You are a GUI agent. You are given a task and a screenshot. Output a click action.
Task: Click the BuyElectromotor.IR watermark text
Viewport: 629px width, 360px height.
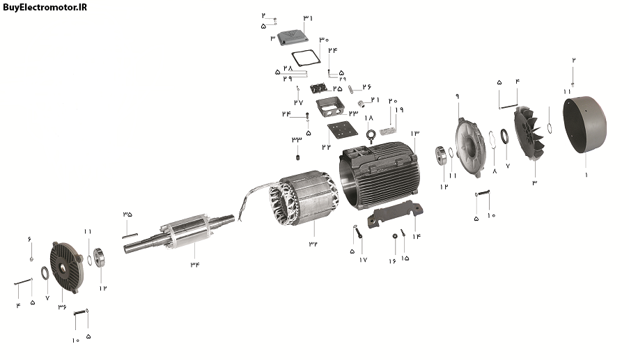(45, 7)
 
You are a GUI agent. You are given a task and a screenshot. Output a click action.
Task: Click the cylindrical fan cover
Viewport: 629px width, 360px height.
(584, 124)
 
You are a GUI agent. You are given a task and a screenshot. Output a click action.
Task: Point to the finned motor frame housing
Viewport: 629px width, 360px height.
(380, 176)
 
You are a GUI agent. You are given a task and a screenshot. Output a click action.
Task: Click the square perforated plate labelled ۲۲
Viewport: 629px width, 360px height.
(341, 131)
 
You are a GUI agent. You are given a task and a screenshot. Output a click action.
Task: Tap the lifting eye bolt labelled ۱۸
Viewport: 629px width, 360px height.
(370, 136)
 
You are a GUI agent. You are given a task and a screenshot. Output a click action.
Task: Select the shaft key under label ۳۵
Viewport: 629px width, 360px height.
(130, 236)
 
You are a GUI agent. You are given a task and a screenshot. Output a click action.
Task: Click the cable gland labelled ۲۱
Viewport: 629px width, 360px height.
(362, 104)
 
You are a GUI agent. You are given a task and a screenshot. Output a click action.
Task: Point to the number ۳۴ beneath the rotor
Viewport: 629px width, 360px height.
(195, 264)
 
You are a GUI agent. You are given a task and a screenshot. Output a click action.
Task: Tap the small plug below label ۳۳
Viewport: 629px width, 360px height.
(297, 157)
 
